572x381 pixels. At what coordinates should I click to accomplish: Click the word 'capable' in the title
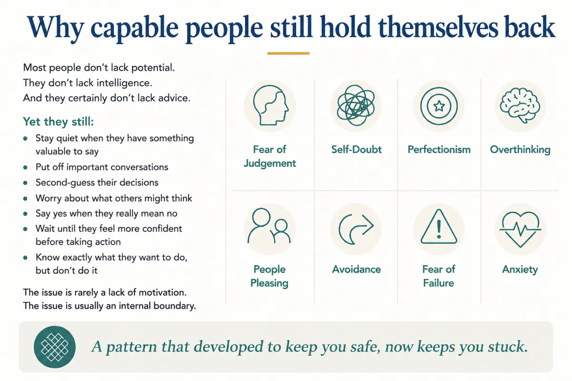pyautogui.click(x=134, y=29)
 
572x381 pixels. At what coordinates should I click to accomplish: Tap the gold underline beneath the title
pyautogui.click(x=288, y=53)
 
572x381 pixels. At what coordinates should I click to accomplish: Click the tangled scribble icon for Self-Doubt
pyautogui.click(x=356, y=105)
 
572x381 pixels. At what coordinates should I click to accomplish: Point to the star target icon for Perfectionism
pyautogui.click(x=439, y=106)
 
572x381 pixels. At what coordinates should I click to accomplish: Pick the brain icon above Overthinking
pyautogui.click(x=520, y=105)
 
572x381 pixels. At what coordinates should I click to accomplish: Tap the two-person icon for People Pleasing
pyautogui.click(x=269, y=226)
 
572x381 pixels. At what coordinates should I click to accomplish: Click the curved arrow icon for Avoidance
pyautogui.click(x=356, y=229)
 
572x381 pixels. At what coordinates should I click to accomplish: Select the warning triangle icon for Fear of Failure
pyautogui.click(x=439, y=227)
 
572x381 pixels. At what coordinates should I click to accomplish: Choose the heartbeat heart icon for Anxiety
pyautogui.click(x=520, y=229)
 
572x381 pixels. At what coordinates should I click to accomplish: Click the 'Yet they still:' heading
pyautogui.click(x=58, y=122)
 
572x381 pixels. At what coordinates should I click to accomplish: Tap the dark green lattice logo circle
pyautogui.click(x=55, y=347)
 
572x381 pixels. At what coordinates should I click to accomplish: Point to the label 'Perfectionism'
pyautogui.click(x=439, y=150)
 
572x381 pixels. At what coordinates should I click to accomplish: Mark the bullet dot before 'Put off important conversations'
pyautogui.click(x=25, y=168)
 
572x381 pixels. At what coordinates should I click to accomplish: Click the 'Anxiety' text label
pyautogui.click(x=520, y=270)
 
